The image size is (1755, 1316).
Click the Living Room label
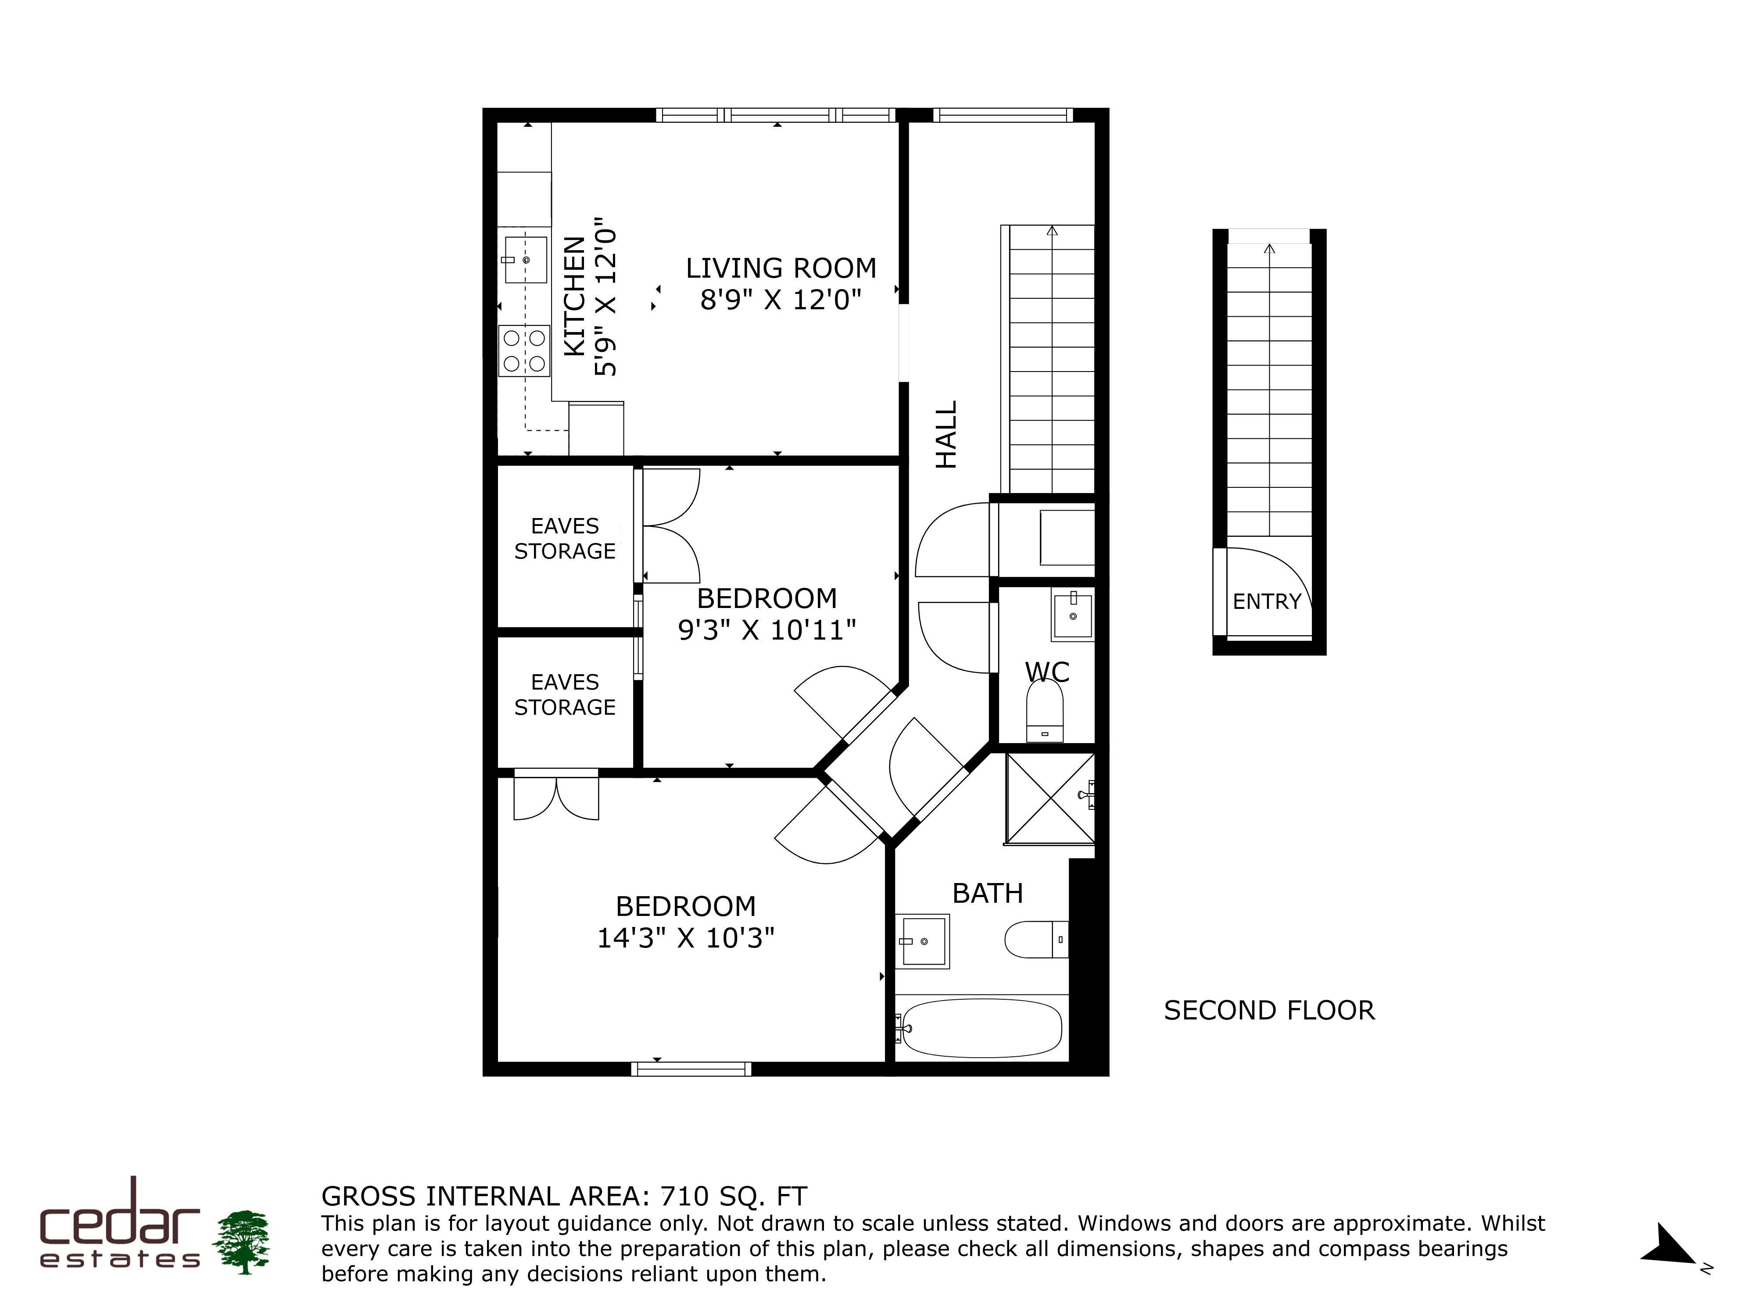pos(781,268)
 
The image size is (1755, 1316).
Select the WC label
pos(1047,672)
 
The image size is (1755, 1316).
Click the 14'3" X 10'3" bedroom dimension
pos(685,938)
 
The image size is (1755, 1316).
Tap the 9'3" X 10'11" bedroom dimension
pos(766,630)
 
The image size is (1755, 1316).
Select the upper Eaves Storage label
pos(565,539)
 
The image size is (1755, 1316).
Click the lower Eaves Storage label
pos(565,695)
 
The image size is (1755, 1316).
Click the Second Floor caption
pos(1269,1011)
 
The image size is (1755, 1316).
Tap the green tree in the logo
pos(244,1242)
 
